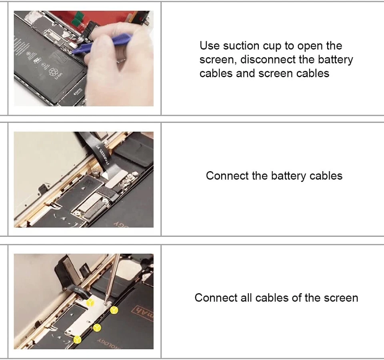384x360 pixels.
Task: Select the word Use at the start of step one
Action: click(209, 46)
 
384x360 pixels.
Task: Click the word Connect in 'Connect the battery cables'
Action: click(227, 176)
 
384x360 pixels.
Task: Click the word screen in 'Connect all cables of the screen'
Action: click(341, 298)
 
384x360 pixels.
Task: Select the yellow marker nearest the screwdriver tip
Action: click(114, 310)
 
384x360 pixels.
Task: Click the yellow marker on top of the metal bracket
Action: click(90, 303)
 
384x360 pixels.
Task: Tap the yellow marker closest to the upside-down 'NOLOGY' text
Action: click(78, 340)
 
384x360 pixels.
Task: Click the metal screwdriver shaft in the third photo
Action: click(113, 276)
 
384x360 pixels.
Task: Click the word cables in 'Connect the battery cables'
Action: click(326, 176)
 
